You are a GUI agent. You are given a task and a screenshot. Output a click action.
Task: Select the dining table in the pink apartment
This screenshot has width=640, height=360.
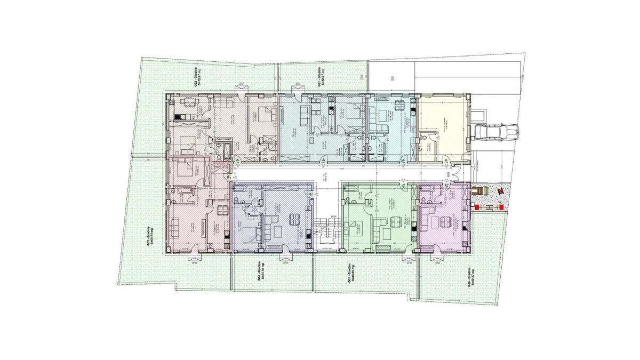tap(220, 208)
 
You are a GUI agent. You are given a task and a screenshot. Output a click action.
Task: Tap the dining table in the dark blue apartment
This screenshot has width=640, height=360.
tap(294, 220)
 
